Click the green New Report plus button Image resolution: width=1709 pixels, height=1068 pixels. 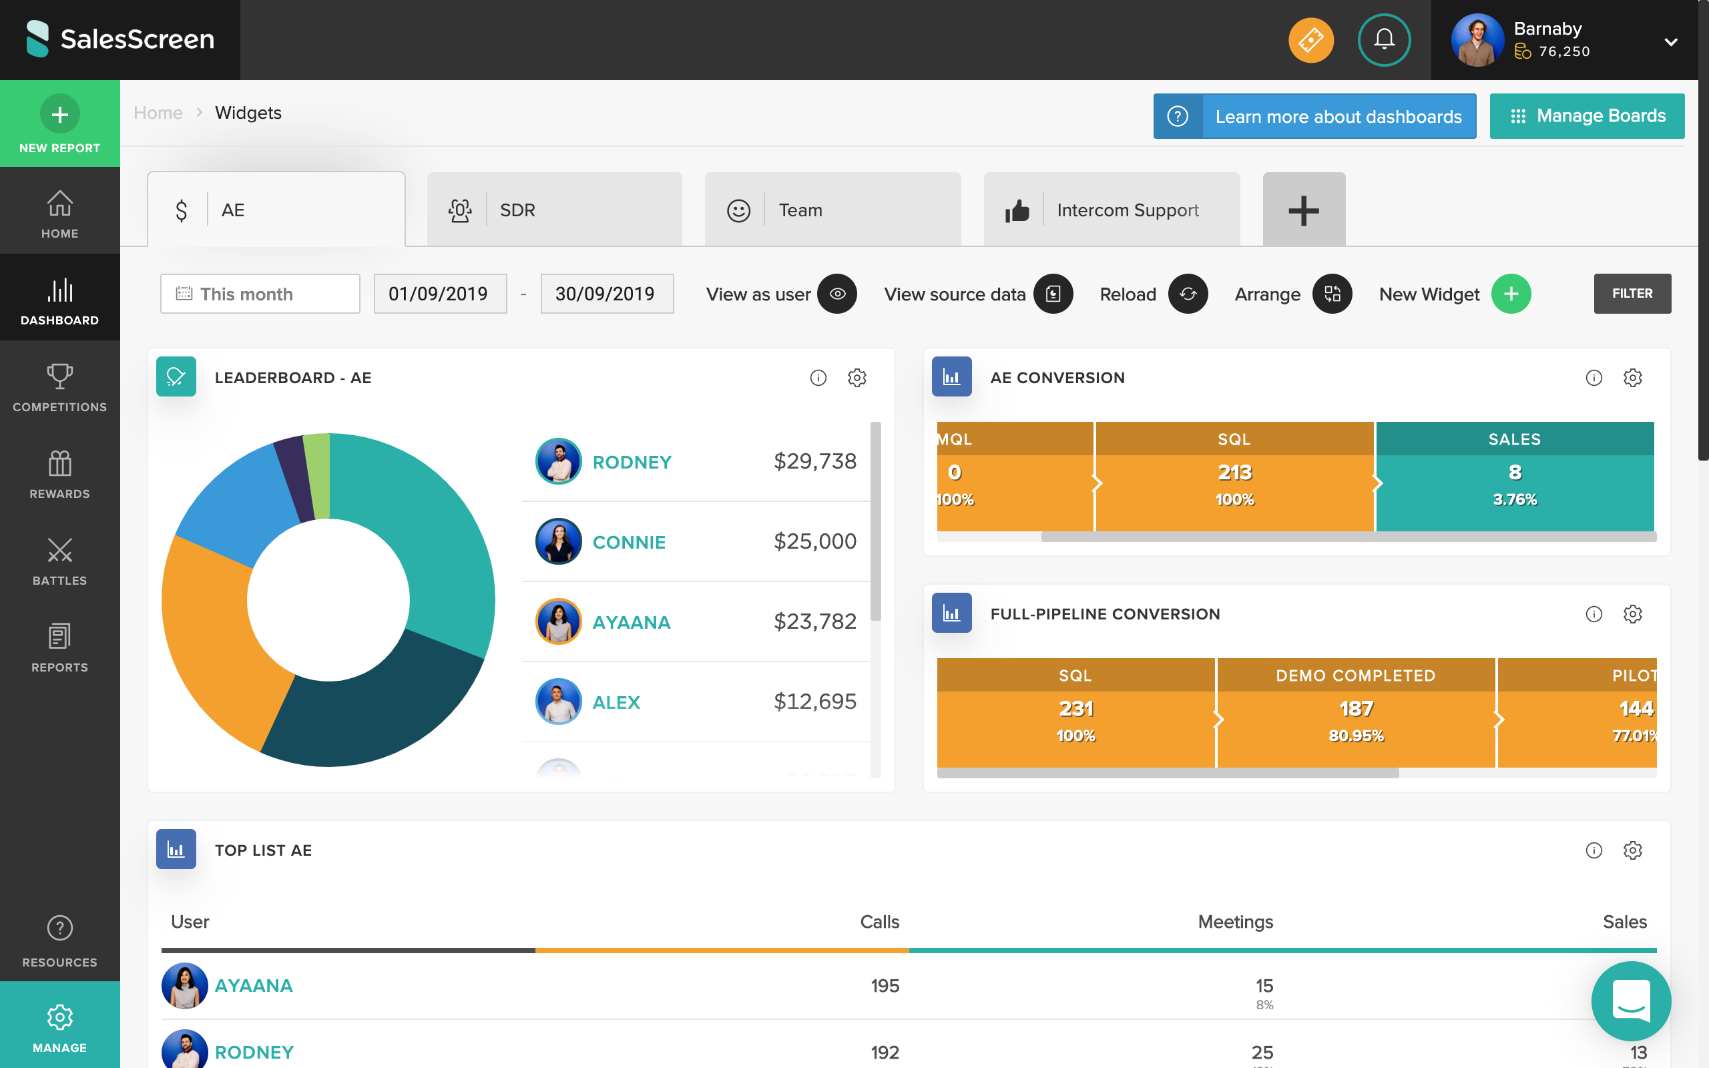pos(59,114)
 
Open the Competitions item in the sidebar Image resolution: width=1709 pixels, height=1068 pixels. pos(59,387)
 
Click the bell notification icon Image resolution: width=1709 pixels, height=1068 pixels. pos(1383,39)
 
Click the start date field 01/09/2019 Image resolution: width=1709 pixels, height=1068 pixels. pos(439,294)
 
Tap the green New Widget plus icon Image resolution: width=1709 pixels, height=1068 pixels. pos(1511,294)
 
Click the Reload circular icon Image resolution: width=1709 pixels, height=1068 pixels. pos(1187,294)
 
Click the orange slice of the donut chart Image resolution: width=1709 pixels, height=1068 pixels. pos(212,635)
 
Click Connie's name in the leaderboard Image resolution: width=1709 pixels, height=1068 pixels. pos(628,543)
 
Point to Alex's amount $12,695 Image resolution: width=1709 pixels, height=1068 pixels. pos(814,702)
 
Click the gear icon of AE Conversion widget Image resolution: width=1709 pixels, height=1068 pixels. pos(1632,378)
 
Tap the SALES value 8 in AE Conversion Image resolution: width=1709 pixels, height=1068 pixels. pos(1514,472)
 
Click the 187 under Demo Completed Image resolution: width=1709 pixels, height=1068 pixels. pos(1355,708)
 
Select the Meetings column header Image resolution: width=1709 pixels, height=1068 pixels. pos(1235,922)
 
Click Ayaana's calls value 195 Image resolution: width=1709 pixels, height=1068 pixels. pos(884,986)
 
